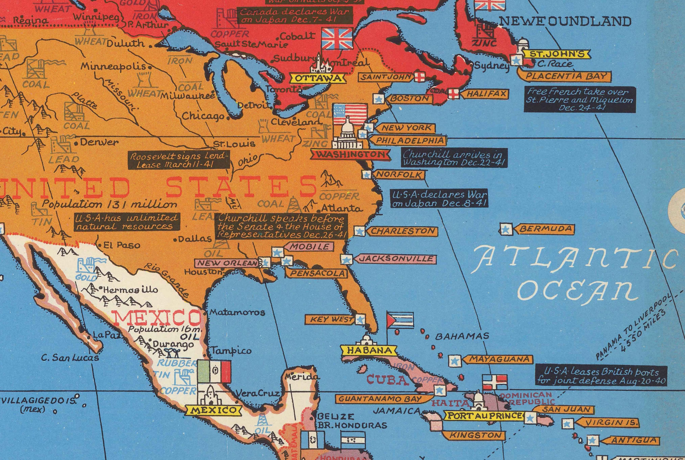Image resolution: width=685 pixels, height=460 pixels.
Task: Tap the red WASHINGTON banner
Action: coord(350,155)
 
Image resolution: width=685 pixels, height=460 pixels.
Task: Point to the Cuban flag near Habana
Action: coord(400,320)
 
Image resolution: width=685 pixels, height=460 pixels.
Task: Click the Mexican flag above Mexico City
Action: coord(214,372)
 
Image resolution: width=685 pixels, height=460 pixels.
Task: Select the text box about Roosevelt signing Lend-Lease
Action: coord(179,160)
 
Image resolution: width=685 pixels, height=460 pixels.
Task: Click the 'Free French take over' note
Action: coord(580,100)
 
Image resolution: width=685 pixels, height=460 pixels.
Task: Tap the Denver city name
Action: coord(99,143)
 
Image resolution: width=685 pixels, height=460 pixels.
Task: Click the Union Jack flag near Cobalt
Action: coord(337,39)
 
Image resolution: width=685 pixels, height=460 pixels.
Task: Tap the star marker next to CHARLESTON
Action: coord(359,231)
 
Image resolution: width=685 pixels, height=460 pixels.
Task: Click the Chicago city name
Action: coord(203,116)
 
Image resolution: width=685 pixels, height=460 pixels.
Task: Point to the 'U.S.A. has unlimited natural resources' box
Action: coord(126,222)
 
